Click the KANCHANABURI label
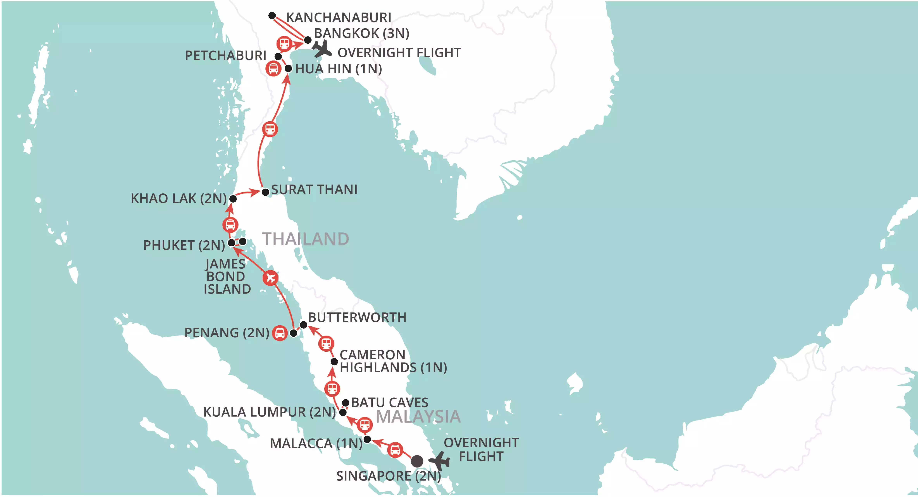[x=339, y=17]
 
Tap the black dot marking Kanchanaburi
[x=272, y=15]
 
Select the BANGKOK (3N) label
[x=361, y=33]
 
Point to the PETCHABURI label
[x=226, y=56]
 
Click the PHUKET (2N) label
[x=184, y=245]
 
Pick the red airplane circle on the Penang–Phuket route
[x=271, y=278]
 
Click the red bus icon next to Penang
[x=280, y=333]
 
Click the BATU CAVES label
[x=390, y=403]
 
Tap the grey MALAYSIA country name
[x=418, y=416]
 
